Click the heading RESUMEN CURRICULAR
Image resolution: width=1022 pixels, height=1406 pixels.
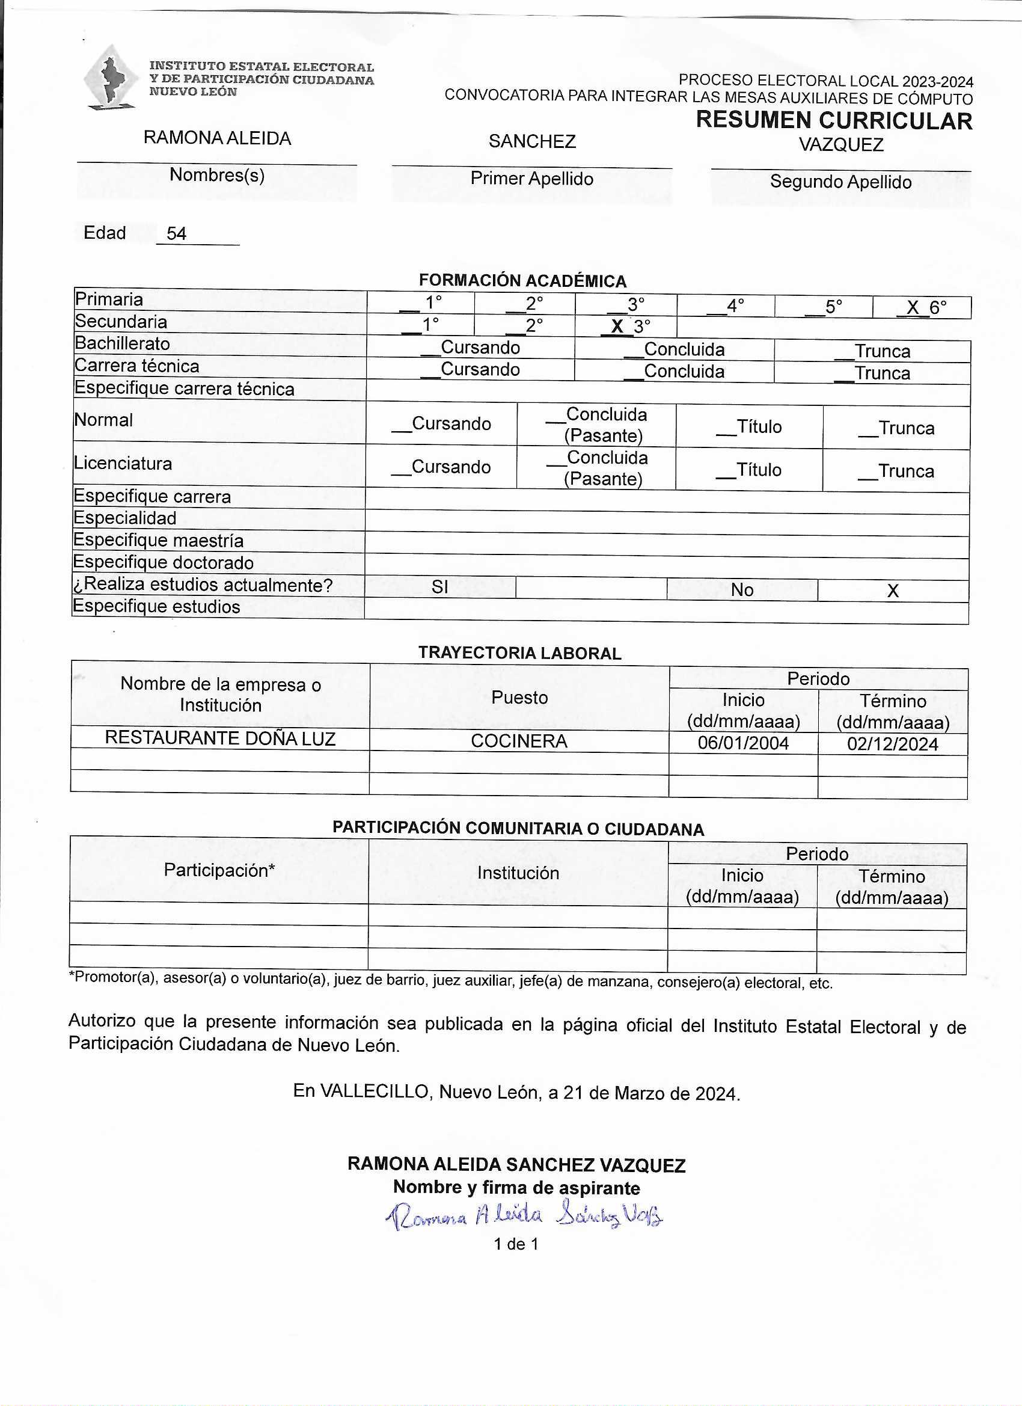click(x=834, y=120)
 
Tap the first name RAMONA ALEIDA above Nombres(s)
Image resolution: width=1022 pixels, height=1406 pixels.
click(x=217, y=138)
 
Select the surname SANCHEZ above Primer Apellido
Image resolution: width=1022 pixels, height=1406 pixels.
click(x=532, y=141)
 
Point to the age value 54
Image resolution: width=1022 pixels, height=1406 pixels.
click(x=177, y=234)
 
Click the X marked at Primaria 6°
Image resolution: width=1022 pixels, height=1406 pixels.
click(x=913, y=307)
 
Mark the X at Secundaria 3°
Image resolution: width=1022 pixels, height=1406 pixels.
click(x=617, y=327)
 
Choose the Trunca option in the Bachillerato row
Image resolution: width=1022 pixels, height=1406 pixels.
click(x=882, y=351)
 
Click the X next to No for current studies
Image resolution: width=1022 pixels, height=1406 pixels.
click(x=893, y=591)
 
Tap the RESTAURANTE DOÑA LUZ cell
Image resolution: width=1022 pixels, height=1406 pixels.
click(x=220, y=738)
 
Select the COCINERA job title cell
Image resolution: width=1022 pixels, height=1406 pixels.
click(x=519, y=741)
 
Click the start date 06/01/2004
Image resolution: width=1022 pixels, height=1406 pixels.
click(x=743, y=743)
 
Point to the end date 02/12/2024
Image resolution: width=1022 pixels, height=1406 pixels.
click(x=893, y=744)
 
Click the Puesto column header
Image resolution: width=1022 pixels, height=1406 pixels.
click(x=519, y=698)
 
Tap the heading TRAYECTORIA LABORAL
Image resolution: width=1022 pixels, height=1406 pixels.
click(x=519, y=654)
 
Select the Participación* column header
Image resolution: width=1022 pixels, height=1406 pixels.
click(x=219, y=870)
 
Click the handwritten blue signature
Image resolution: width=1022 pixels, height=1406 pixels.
click(x=524, y=1217)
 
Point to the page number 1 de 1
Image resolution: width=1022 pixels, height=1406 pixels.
click(x=516, y=1244)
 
